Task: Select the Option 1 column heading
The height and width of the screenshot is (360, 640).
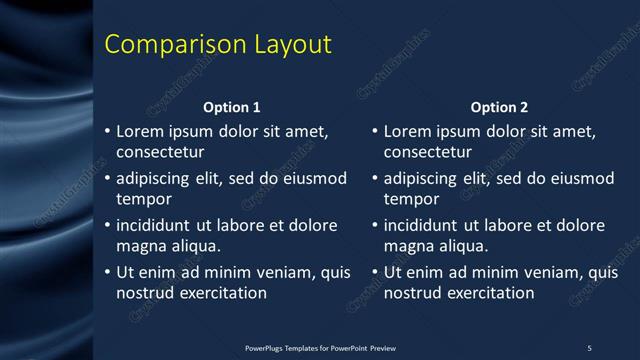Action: (232, 107)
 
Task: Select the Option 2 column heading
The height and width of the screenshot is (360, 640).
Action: (499, 107)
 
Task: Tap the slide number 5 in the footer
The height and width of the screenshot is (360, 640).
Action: (589, 347)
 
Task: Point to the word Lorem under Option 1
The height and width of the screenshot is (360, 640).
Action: (140, 131)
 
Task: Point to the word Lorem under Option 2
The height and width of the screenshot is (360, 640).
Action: (407, 131)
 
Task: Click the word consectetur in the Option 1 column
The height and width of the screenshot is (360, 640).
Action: (160, 153)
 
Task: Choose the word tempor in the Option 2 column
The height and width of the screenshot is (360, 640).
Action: (411, 199)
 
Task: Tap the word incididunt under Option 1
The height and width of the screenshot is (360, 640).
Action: (157, 225)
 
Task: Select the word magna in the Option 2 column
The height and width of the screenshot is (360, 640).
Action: (408, 246)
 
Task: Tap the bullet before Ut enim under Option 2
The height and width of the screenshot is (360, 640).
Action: (374, 273)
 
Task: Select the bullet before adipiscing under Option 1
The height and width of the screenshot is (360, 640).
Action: (107, 179)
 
